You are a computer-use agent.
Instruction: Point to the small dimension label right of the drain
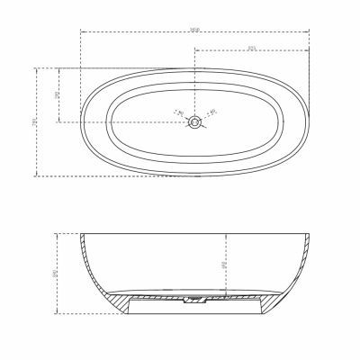coord(212,112)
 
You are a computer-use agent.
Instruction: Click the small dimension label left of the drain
coord(179,113)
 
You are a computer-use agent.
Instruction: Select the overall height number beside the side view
coord(57,272)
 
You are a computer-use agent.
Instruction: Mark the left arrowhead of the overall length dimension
coord(83,32)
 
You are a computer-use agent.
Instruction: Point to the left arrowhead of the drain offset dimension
coord(195,49)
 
